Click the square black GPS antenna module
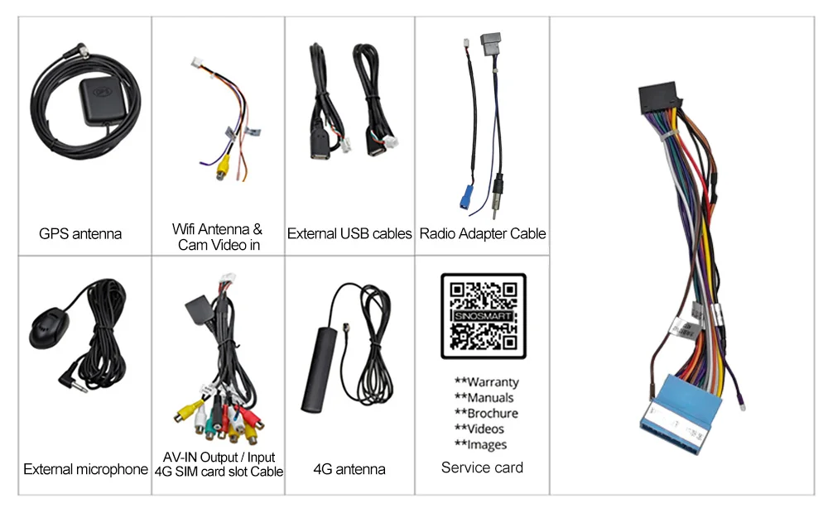click(101, 104)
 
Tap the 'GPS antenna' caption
click(80, 234)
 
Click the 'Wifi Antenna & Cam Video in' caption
click(218, 237)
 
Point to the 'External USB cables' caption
click(349, 234)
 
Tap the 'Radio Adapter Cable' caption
click(483, 234)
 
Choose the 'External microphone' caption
click(85, 470)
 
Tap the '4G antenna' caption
click(349, 470)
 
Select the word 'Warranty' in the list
click(493, 382)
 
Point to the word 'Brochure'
click(493, 414)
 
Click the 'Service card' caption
click(482, 467)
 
